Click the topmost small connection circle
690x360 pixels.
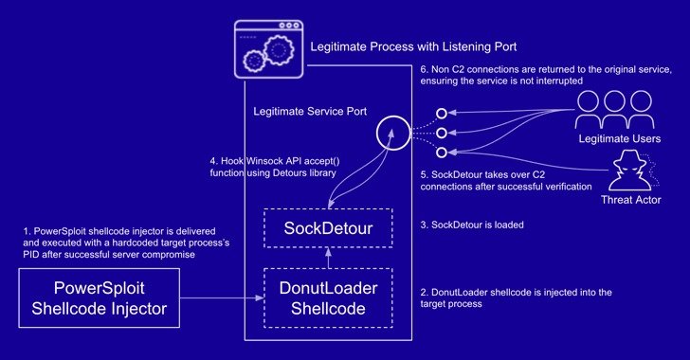(x=441, y=115)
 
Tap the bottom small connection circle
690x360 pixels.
(x=441, y=152)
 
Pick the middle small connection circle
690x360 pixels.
(x=441, y=133)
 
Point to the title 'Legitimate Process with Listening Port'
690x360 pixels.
(x=413, y=45)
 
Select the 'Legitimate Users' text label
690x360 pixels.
(x=617, y=139)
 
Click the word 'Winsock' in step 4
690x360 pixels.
(x=264, y=159)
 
